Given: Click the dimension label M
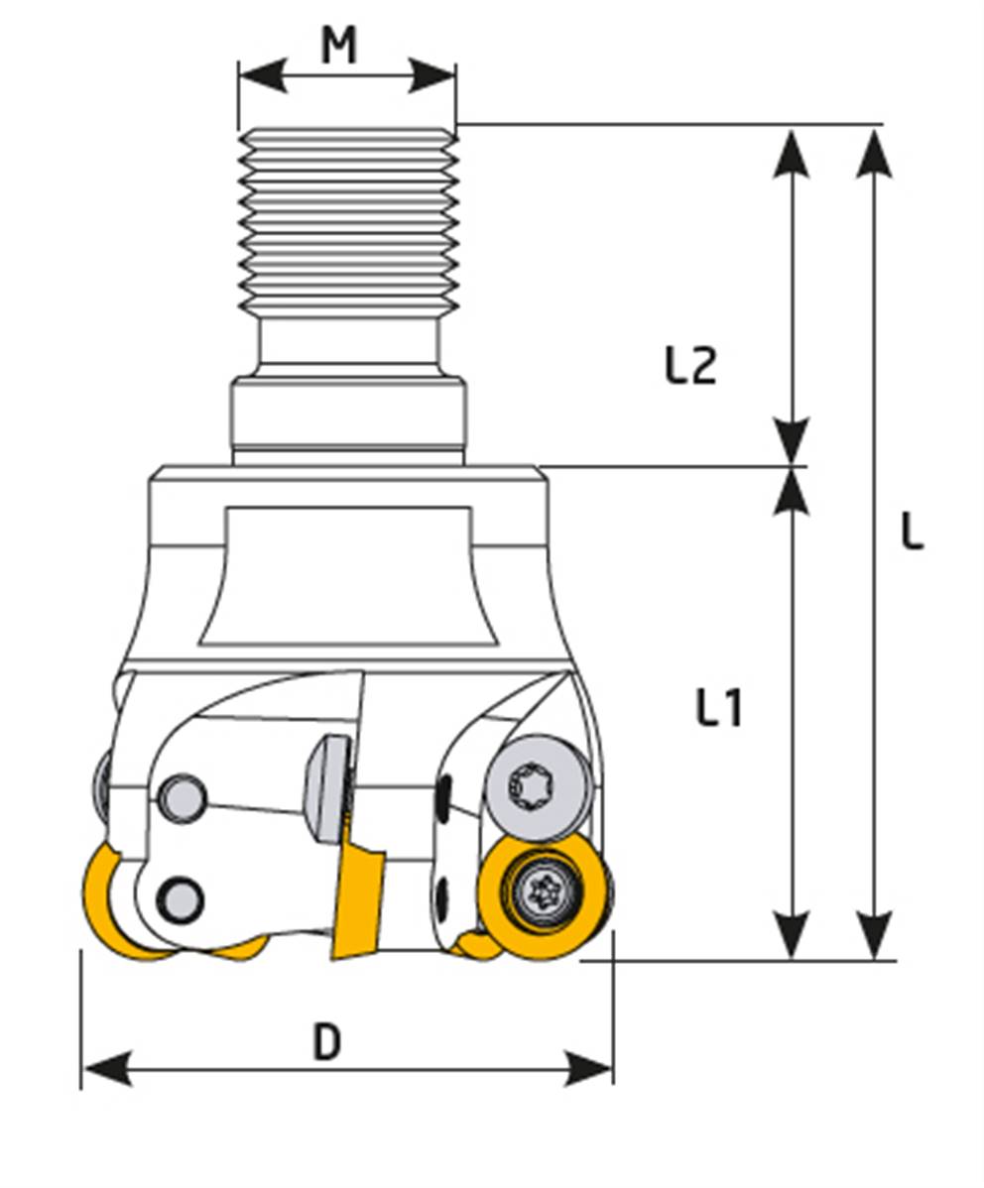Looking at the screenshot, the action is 339,45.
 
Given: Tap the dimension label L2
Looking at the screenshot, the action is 690,365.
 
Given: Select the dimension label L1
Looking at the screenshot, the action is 719,708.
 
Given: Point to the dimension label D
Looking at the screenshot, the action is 327,1042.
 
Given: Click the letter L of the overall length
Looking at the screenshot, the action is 912,532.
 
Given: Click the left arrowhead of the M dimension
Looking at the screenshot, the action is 262,75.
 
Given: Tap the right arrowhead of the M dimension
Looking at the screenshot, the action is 432,75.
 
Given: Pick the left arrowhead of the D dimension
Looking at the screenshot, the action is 107,1068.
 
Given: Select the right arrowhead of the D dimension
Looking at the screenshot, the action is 587,1068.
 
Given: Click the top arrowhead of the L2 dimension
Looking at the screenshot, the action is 793,155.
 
